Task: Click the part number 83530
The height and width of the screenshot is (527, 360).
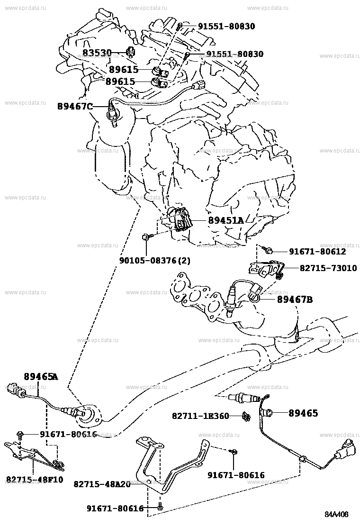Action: pos(97,52)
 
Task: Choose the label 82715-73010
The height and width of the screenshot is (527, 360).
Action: pos(328,268)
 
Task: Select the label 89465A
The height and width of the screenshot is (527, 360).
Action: pos(41,377)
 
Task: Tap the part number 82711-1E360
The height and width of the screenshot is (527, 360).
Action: pos(200,416)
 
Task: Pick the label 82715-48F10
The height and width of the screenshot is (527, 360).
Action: pos(34,480)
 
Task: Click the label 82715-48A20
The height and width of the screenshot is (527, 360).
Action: pos(102,484)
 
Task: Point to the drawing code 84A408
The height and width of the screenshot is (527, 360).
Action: pos(340,514)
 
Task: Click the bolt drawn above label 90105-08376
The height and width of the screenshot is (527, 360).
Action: pos(146,236)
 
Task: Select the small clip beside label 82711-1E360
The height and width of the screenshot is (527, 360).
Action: pos(245,417)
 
